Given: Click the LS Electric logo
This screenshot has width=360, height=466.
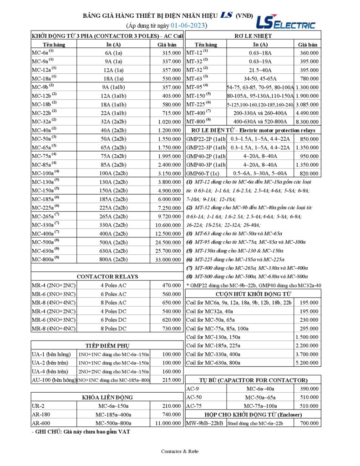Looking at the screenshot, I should (x=285, y=22).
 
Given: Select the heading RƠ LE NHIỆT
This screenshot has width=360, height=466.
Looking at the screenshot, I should (x=254, y=35).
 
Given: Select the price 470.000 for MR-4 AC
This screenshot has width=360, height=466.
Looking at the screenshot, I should (x=172, y=285).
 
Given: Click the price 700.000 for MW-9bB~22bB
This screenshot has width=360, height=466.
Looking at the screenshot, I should (x=308, y=423).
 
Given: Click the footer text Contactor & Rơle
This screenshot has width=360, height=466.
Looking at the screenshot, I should (x=180, y=451).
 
